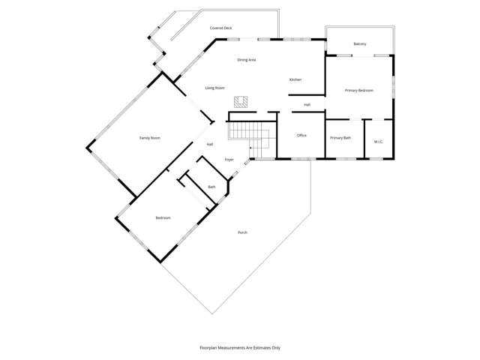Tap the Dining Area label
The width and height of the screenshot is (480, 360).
click(x=247, y=59)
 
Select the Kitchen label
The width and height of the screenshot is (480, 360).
click(x=295, y=79)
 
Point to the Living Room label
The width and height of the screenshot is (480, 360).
click(x=214, y=88)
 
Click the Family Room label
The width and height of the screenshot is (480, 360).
click(x=150, y=138)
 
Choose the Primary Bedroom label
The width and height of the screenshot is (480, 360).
click(x=359, y=90)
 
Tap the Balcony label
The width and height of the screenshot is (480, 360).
click(x=360, y=44)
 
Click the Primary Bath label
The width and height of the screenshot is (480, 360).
click(x=341, y=138)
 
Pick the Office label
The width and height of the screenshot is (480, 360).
click(x=301, y=136)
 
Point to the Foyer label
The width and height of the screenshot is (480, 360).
click(x=229, y=160)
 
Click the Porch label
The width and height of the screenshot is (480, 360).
click(x=242, y=232)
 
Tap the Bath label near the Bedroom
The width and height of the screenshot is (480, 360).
click(x=211, y=187)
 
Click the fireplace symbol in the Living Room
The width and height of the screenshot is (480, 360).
click(x=241, y=101)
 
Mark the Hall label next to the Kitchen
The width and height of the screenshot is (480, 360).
click(x=307, y=105)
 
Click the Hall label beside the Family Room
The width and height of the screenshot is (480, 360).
click(x=210, y=144)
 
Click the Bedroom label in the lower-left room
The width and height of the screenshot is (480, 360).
click(x=163, y=218)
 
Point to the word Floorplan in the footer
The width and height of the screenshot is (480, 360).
click(x=211, y=348)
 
